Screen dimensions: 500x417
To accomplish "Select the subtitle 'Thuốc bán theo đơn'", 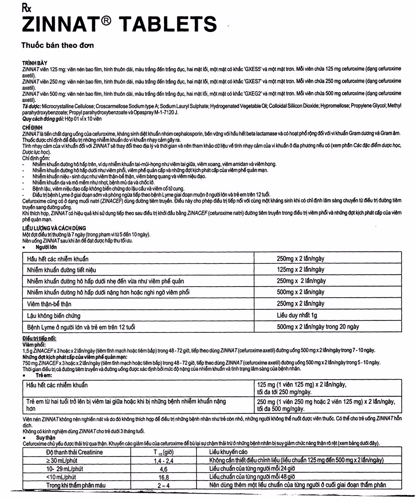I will click(x=57, y=45).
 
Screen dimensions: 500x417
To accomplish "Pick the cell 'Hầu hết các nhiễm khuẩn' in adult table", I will click(x=58, y=259).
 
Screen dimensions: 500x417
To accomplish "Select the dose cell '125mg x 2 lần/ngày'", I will click(x=301, y=269).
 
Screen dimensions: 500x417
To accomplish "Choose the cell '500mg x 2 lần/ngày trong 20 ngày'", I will click(x=318, y=327).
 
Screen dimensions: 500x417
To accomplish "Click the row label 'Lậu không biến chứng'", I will click(x=54, y=316).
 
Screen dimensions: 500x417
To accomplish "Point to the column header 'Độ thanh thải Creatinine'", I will click(x=75, y=452).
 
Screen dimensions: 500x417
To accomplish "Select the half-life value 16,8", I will click(x=163, y=477).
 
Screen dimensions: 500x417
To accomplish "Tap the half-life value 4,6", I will click(x=163, y=469).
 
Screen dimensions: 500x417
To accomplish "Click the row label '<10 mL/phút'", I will click(x=62, y=477).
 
